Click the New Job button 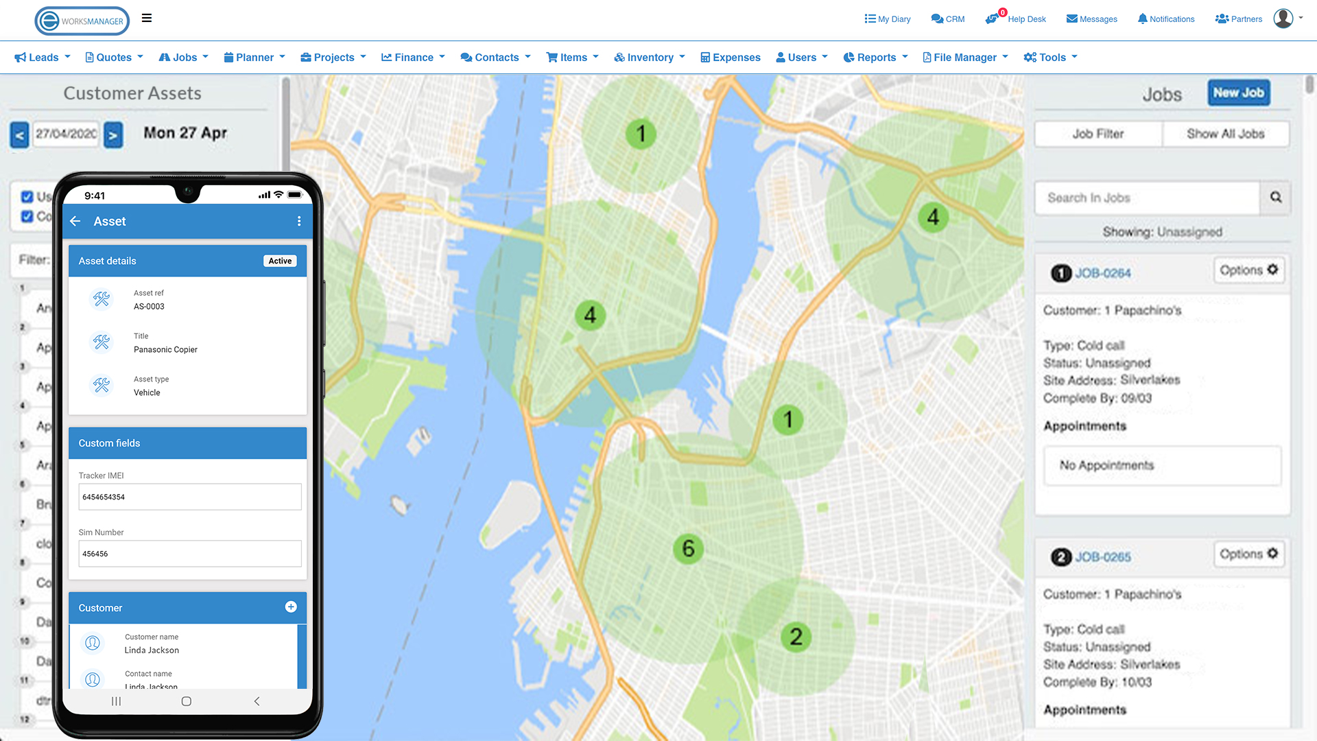[x=1238, y=93]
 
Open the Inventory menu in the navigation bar [x=649, y=58]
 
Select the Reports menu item [x=875, y=58]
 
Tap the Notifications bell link [x=1165, y=19]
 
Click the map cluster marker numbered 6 [x=688, y=549]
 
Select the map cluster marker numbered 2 [x=796, y=637]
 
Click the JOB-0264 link [x=1102, y=273]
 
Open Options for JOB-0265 [x=1248, y=554]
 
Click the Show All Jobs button [x=1225, y=134]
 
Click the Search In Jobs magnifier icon [x=1275, y=198]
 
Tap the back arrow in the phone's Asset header [x=75, y=221]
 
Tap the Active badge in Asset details [x=280, y=261]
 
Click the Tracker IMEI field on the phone [x=190, y=497]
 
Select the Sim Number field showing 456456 [x=190, y=554]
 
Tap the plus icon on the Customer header [x=291, y=607]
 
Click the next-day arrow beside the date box [x=113, y=135]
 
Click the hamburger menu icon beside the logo [x=147, y=19]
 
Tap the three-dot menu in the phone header [x=299, y=221]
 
